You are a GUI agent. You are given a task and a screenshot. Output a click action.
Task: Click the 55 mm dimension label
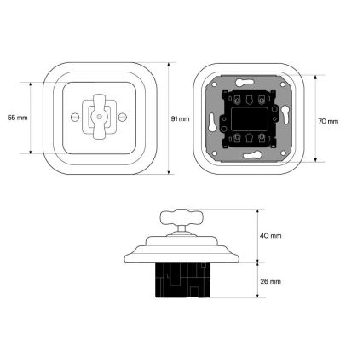pyautogui.click(x=18, y=118)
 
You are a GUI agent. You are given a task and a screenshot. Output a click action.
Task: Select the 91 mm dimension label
pyautogui.click(x=180, y=118)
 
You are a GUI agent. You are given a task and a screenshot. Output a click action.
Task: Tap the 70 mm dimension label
pyautogui.click(x=328, y=121)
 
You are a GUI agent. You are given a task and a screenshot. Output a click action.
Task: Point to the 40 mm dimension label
pyautogui.click(x=271, y=236)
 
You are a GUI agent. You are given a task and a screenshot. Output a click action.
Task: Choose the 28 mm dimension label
pyautogui.click(x=271, y=281)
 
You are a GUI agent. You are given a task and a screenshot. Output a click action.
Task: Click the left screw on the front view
pyautogui.click(x=74, y=117)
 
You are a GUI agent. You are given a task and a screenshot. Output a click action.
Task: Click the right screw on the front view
pyautogui.click(x=123, y=117)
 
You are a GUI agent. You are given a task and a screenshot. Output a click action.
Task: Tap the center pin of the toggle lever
pyautogui.click(x=99, y=117)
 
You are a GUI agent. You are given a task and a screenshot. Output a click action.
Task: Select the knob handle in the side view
pyautogui.click(x=178, y=216)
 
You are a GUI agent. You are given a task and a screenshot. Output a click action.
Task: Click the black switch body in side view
pyautogui.click(x=183, y=280)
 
